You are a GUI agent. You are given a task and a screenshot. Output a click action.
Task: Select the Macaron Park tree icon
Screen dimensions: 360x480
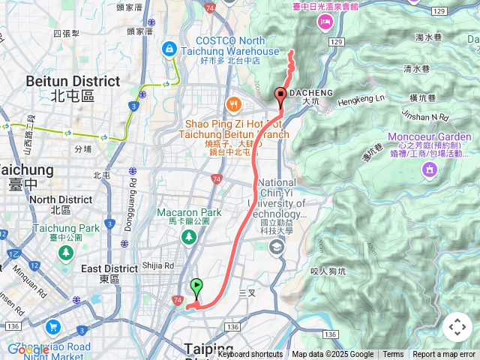188,237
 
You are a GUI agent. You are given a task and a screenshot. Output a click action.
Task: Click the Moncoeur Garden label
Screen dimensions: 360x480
433,136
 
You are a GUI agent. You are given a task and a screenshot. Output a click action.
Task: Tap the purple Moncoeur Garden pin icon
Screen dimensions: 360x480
430,170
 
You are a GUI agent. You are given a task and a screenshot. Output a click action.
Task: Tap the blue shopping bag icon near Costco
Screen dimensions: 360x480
169,49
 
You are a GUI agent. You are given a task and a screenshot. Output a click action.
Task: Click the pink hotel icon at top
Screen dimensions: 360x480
325,21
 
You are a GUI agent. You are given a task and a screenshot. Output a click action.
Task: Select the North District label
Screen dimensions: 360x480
61,199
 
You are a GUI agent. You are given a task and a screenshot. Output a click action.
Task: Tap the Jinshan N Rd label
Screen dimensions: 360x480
424,118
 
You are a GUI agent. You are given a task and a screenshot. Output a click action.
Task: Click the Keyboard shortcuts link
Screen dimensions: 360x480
250,355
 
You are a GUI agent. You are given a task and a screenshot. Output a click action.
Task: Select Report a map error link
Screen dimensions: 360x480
445,355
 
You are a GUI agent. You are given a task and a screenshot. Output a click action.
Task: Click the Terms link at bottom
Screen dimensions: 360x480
393,355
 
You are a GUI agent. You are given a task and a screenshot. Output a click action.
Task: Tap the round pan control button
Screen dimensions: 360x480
457,327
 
